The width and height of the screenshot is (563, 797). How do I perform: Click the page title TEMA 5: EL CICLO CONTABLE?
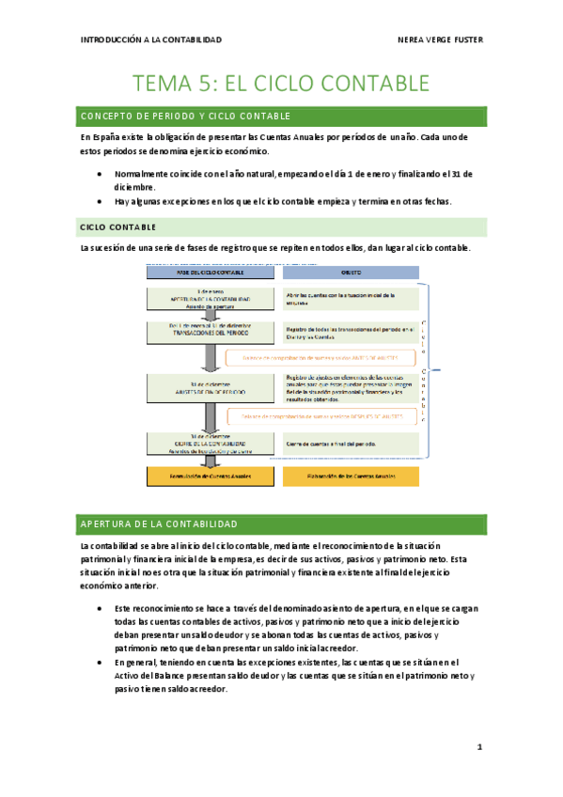(x=282, y=84)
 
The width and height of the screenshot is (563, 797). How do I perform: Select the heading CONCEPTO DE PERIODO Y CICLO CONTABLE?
(x=186, y=116)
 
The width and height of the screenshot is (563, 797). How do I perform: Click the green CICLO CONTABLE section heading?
(x=118, y=227)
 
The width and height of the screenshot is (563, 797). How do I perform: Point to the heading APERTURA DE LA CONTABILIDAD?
(x=160, y=524)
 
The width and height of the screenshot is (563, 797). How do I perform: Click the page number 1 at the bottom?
(x=478, y=747)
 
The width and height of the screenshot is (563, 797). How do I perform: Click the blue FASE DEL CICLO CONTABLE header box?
(x=209, y=271)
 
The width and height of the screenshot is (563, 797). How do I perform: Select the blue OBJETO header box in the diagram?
(x=344, y=271)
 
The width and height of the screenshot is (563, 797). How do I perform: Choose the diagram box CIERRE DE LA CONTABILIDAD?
(x=209, y=444)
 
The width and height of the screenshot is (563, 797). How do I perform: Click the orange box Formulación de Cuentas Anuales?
(x=209, y=477)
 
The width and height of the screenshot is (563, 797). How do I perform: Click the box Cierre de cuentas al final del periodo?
(x=344, y=443)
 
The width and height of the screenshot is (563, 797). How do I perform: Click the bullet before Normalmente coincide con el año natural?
(x=100, y=175)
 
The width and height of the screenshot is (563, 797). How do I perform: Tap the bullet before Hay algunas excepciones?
(x=100, y=201)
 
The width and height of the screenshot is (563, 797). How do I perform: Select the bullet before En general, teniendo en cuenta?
(x=100, y=663)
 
